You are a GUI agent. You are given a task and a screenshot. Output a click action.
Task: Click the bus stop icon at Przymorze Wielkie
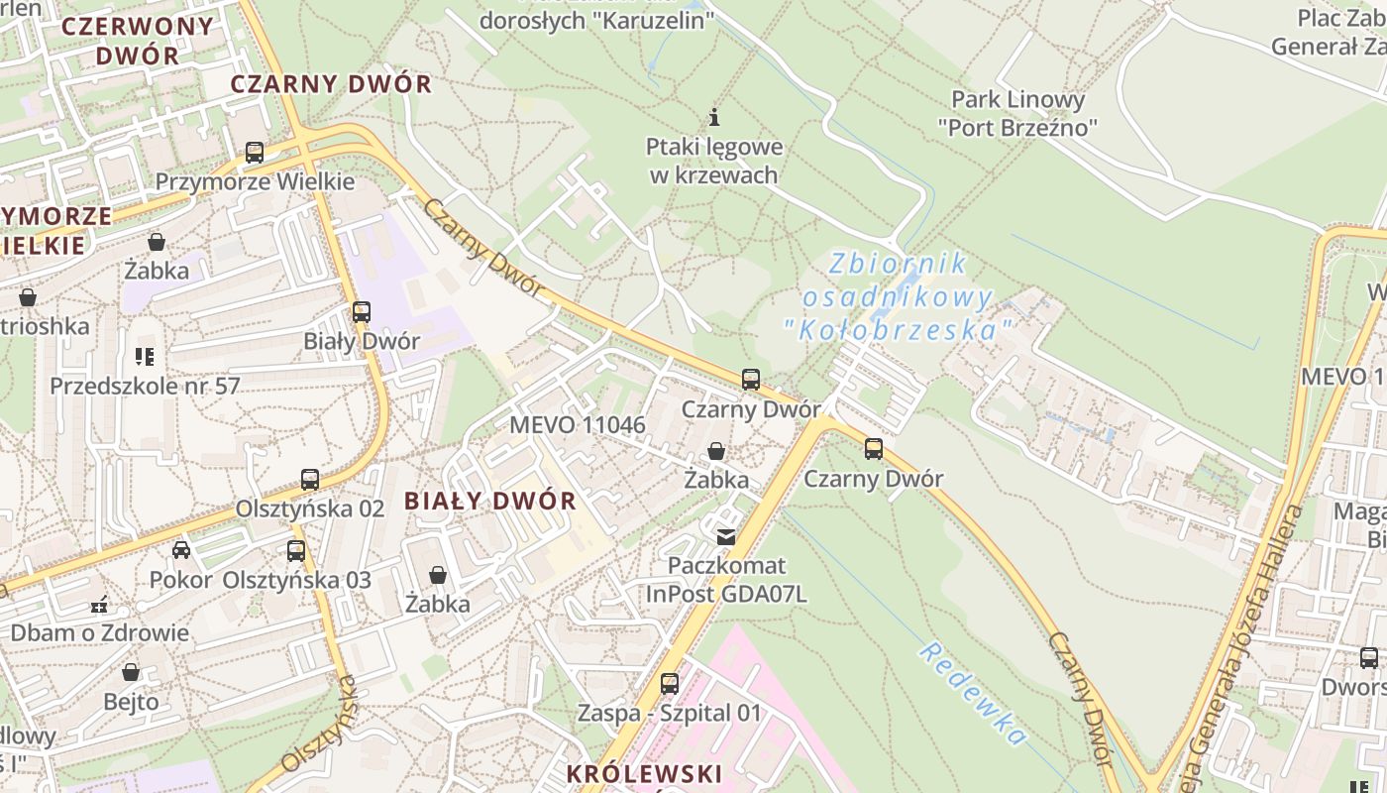255,153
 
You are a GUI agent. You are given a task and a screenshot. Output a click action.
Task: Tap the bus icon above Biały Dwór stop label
362,312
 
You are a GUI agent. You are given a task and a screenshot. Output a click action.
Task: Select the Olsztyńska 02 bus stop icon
310,480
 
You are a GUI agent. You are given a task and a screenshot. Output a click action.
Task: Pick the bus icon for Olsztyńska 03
296,551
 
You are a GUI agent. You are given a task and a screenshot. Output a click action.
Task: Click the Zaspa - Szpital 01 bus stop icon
670,684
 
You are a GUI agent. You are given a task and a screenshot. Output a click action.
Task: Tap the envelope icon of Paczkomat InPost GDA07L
726,537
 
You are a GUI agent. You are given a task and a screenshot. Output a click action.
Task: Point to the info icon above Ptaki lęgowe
714,117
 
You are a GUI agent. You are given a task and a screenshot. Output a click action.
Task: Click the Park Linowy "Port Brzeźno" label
1018,113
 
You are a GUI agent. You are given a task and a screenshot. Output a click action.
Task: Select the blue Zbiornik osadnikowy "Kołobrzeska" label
898,296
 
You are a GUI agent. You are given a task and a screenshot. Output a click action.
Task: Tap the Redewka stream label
972,693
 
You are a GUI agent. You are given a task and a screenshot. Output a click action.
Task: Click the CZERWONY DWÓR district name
138,41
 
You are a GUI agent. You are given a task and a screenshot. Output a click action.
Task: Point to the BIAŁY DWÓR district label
490,501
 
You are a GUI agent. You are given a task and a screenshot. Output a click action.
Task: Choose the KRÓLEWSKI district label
644,773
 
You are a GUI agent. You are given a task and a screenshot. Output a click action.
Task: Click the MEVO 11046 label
578,425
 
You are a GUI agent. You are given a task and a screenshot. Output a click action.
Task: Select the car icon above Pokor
181,550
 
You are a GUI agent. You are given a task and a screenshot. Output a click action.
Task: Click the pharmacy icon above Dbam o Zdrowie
99,605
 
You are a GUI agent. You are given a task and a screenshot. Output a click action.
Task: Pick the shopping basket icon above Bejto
131,673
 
